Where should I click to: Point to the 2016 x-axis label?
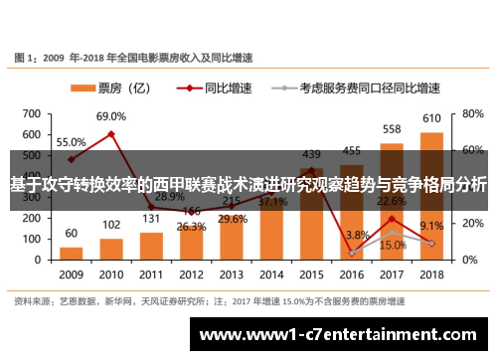click(352, 273)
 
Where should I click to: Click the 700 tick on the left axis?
click(31, 113)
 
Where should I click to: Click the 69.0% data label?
click(110, 116)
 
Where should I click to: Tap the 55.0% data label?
click(71, 142)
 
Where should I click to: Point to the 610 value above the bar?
click(431, 118)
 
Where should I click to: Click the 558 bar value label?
click(392, 129)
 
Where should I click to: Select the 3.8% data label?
click(357, 235)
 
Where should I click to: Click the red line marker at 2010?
click(111, 134)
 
